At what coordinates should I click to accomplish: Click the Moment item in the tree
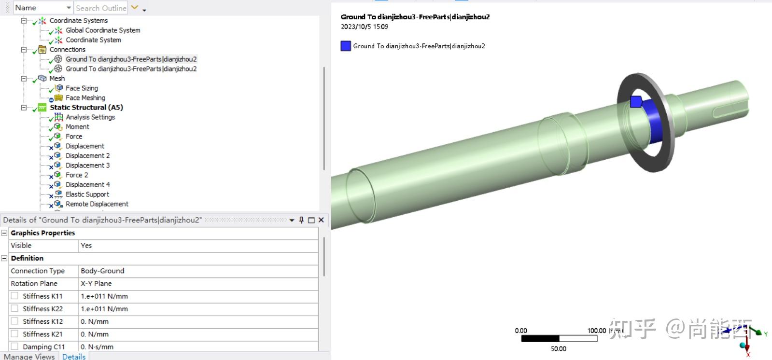(77, 127)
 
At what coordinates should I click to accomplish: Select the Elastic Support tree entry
(87, 194)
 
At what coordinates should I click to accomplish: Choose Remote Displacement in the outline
(97, 204)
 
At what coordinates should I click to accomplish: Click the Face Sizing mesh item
(82, 88)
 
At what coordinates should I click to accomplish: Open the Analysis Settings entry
(90, 117)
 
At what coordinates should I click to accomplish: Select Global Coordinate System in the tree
(103, 30)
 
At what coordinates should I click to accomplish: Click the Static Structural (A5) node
(86, 108)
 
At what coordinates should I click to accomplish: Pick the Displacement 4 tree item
(87, 185)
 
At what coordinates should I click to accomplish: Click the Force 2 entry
(77, 175)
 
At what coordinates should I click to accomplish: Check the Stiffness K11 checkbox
(14, 296)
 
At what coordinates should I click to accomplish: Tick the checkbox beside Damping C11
(14, 346)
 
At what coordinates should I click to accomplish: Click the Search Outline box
(101, 8)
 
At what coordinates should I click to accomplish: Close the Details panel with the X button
(321, 220)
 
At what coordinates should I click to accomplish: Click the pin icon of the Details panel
(301, 220)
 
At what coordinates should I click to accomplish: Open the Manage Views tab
(29, 356)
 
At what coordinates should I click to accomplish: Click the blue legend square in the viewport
(346, 46)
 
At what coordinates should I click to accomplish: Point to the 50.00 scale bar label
(559, 348)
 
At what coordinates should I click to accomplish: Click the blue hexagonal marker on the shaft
(636, 101)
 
